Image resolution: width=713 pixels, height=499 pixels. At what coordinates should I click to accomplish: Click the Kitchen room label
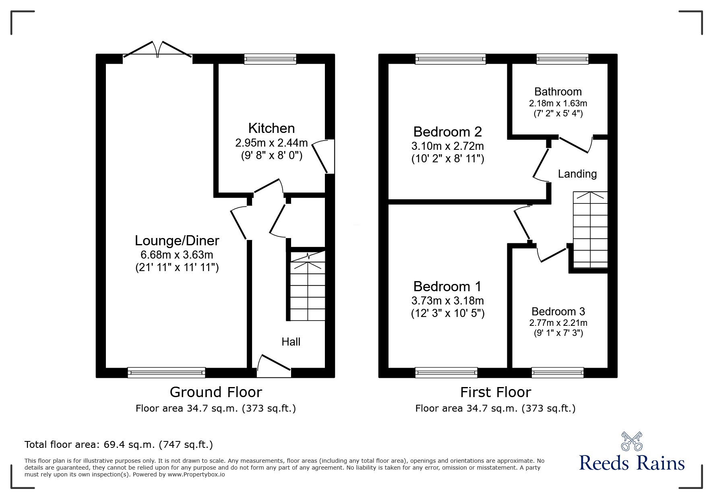coord(271,128)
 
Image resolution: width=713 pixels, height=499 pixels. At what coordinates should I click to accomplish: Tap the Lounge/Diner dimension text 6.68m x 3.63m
coord(177,255)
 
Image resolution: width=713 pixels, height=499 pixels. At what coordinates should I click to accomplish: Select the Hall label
coord(291,342)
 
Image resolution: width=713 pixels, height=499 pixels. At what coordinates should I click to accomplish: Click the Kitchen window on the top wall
coord(270,59)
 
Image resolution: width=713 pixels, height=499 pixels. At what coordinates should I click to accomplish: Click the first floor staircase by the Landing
coord(590,230)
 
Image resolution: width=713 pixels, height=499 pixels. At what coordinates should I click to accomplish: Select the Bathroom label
coord(558,92)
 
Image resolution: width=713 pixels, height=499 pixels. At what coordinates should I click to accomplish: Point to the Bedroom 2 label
coord(447,132)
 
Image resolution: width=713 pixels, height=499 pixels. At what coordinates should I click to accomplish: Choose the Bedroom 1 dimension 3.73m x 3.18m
coord(447,301)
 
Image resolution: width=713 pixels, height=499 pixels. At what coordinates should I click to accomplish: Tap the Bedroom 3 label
coord(558,311)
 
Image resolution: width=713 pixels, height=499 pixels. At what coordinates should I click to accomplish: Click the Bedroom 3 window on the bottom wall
coord(558,373)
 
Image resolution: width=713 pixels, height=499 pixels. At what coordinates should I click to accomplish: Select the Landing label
coord(577,174)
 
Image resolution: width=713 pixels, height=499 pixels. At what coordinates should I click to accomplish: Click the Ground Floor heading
coord(216,392)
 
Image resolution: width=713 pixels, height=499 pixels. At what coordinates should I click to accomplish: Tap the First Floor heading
coord(495,392)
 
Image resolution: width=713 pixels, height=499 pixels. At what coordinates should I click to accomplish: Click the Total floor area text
coord(119,445)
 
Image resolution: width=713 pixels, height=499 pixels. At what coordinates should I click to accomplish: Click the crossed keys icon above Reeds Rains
coord(632,441)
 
